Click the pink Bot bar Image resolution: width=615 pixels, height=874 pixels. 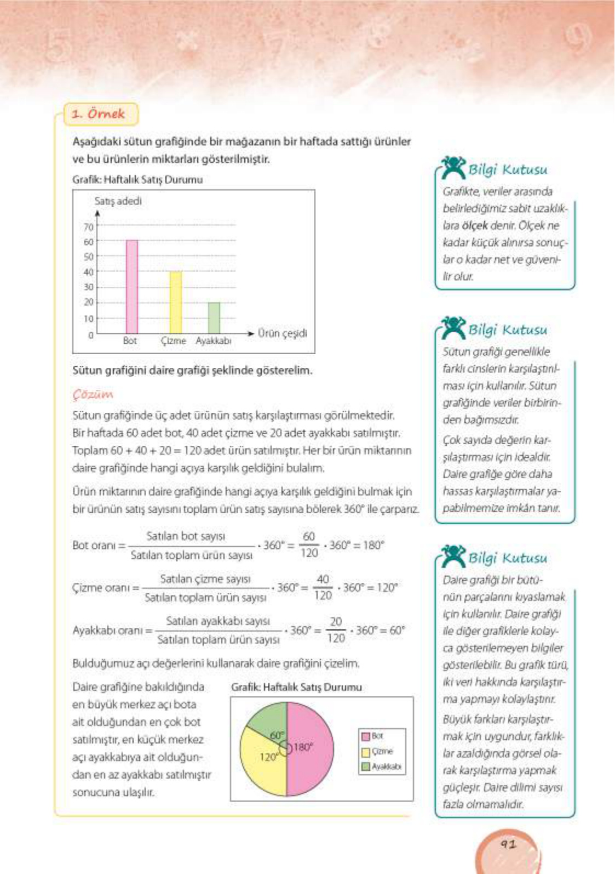tap(132, 286)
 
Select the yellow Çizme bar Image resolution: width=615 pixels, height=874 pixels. tap(175, 302)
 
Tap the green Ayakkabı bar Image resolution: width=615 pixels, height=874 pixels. tap(214, 317)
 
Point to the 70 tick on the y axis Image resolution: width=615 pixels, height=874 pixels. tap(89, 226)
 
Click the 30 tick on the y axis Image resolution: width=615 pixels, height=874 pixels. tap(89, 287)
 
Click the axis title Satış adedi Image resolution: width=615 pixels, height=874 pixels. tap(118, 201)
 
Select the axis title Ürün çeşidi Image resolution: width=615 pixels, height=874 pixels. tap(282, 333)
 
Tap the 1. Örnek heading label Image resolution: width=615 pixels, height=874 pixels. tap(99, 114)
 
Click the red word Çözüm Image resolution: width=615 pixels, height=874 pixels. tap(93, 394)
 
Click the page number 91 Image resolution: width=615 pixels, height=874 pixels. tap(508, 844)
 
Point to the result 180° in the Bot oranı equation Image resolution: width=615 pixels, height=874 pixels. tap(373, 545)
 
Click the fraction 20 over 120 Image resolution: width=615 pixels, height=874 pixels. tap(336, 629)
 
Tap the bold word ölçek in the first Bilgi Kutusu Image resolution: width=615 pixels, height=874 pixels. tap(474, 225)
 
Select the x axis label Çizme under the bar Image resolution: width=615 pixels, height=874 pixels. tap(174, 340)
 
